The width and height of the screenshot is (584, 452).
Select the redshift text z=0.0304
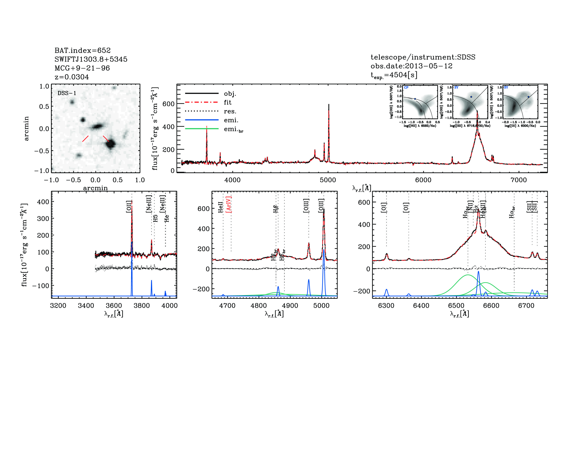[72, 77]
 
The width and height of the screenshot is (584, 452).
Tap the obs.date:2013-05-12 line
[411, 66]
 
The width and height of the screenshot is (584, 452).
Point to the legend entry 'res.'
[230, 111]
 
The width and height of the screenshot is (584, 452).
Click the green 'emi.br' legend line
[202, 129]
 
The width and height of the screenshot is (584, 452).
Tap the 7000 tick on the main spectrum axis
[519, 180]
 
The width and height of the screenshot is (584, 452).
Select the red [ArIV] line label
[229, 205]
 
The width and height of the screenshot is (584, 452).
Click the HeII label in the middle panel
[220, 207]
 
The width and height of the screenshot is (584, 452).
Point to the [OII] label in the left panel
[129, 207]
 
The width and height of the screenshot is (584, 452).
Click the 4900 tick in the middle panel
[290, 306]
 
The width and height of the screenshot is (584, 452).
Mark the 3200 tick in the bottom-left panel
[58, 306]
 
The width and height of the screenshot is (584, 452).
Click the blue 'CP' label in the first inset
[406, 88]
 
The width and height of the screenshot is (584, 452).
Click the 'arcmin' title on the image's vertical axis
[26, 129]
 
